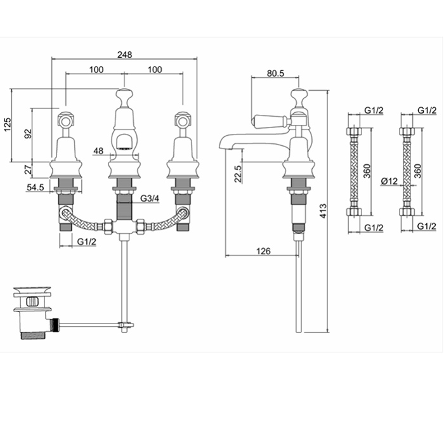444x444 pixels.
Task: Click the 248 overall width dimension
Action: pos(124,55)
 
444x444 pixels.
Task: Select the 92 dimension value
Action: pos(27,134)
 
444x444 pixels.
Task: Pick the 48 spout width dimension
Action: pos(98,151)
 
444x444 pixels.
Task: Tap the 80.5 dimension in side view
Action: pos(275,73)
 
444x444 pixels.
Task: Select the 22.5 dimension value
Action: pos(237,173)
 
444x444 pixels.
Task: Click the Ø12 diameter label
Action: pos(389,182)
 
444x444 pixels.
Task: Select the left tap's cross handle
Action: pos(65,119)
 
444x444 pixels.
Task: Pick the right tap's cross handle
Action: pos(182,119)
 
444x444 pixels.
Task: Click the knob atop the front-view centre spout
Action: pos(123,99)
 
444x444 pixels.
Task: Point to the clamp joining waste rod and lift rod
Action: pos(126,327)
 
